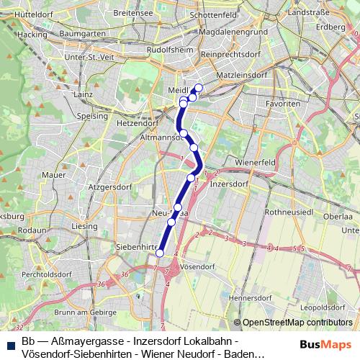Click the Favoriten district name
(x=283, y=104)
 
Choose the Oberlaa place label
(x=338, y=215)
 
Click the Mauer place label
(x=54, y=174)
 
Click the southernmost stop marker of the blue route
(x=159, y=253)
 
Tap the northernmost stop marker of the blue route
(x=199, y=89)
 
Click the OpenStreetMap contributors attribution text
(x=297, y=323)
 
